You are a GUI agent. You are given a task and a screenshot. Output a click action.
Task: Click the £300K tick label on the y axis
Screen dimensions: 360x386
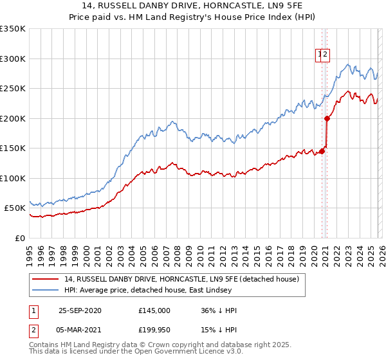(x=13, y=59)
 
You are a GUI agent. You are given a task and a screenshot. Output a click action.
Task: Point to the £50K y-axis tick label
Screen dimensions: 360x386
(x=15, y=208)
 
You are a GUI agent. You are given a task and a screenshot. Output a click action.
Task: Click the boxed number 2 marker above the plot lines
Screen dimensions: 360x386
(x=326, y=55)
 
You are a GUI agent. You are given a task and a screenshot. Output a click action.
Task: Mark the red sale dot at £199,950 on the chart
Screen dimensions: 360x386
(x=327, y=118)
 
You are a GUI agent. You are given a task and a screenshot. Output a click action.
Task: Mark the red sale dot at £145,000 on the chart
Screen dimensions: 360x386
(x=322, y=151)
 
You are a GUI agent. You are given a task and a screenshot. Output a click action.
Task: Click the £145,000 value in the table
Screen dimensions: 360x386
(x=154, y=310)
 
